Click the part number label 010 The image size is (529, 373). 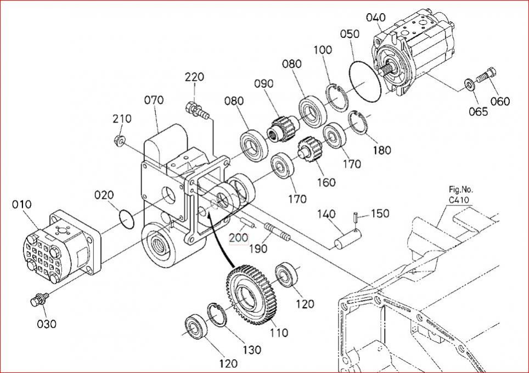point(21,205)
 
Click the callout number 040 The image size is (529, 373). point(375,18)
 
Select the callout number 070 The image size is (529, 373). point(154,100)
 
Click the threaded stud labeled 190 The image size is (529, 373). point(278,231)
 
